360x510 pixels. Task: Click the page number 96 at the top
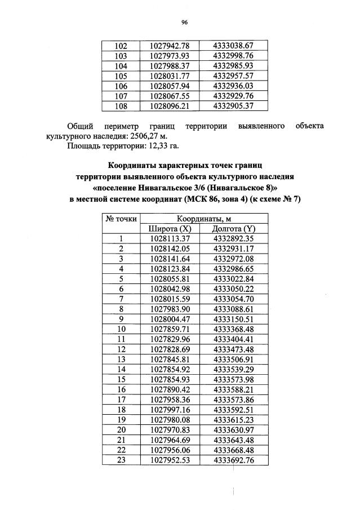click(x=184, y=23)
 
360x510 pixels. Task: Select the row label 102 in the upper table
click(x=121, y=45)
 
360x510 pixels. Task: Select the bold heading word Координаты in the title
click(x=134, y=165)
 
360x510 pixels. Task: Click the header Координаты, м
click(x=202, y=219)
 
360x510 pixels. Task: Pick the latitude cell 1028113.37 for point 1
click(x=170, y=238)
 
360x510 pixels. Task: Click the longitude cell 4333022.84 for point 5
click(x=234, y=278)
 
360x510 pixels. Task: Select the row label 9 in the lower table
click(x=121, y=319)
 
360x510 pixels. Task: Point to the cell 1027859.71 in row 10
click(x=170, y=329)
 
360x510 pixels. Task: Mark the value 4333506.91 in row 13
click(x=234, y=359)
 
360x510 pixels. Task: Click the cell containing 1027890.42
click(x=170, y=389)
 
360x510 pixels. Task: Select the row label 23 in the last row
click(x=121, y=460)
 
